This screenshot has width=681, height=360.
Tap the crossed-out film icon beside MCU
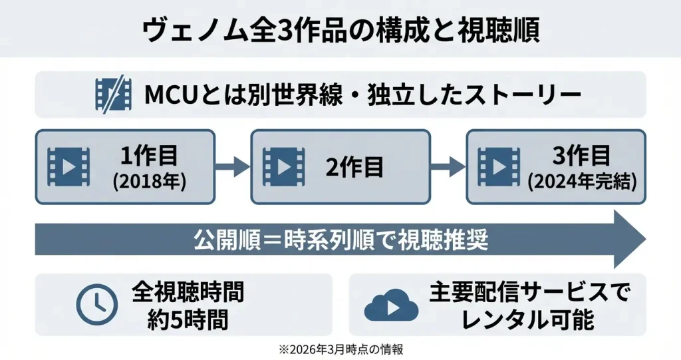(x=113, y=94)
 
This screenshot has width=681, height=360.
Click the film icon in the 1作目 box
(x=68, y=166)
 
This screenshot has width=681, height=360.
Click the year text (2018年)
(x=149, y=181)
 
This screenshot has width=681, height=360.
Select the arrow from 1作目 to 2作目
(x=232, y=166)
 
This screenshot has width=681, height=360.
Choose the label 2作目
(x=355, y=166)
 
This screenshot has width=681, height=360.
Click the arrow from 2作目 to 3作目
(x=448, y=166)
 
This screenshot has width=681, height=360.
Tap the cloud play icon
(x=391, y=306)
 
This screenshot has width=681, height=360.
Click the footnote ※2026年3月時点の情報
(x=340, y=348)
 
